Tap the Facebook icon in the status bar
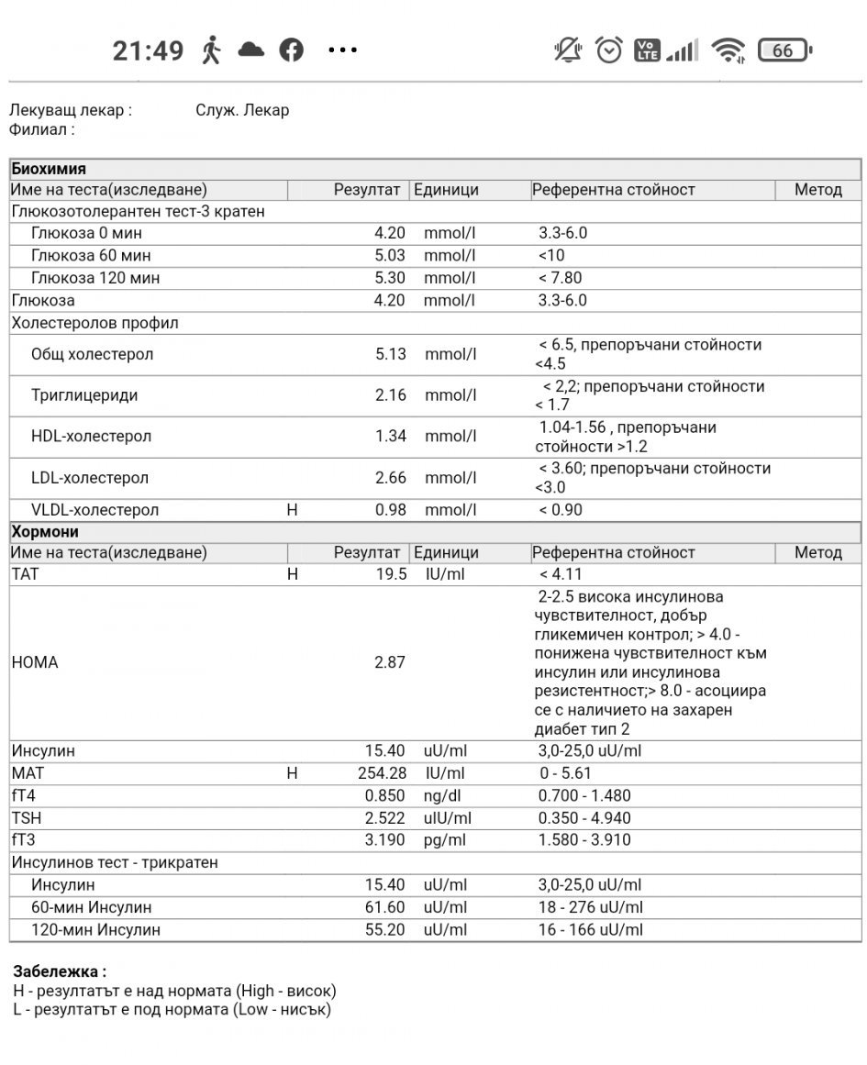pos(291,50)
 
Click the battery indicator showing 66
pos(784,50)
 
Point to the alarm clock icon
pos(609,50)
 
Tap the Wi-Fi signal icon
pos(728,50)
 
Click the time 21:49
pos(148,50)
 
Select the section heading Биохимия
pos(49,169)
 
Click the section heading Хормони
pos(45,532)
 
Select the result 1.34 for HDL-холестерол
pos(390,436)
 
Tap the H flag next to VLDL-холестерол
pos(292,510)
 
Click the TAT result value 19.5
pos(391,574)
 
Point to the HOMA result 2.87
pos(389,662)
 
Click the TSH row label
pos(27,818)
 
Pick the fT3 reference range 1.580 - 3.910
pos(584,840)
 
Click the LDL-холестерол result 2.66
pos(390,477)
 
